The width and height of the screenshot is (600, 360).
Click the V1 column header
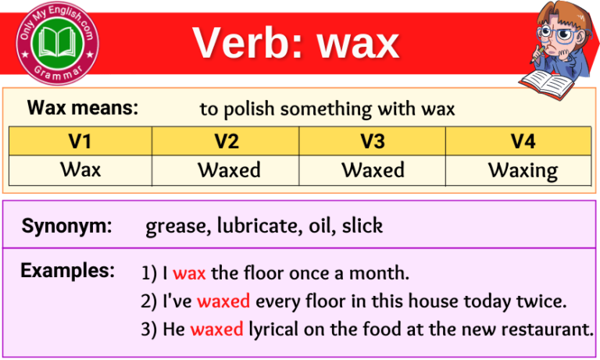pos(80,141)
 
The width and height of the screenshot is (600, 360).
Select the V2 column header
pos(225,141)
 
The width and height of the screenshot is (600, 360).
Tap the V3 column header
pos(373,141)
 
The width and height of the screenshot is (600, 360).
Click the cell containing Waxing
pos(522,170)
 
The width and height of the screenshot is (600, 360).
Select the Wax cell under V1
pos(80,169)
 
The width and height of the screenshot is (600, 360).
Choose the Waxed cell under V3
pos(373,169)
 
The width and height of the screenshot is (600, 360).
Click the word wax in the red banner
pos(358,44)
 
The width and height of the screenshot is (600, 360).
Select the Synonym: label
pos(66,226)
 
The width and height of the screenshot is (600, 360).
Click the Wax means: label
pos(82,108)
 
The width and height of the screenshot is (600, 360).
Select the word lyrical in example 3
pos(274,329)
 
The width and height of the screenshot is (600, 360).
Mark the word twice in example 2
pos(545,301)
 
